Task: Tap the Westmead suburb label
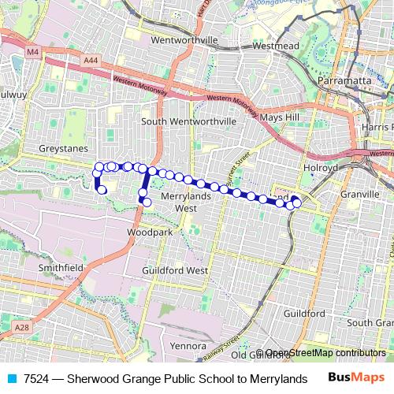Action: [277, 45]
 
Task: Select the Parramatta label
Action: [344, 81]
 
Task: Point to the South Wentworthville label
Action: [189, 121]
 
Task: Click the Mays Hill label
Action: [281, 117]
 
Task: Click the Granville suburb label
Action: [361, 191]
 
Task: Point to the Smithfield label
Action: [61, 268]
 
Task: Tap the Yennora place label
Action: [188, 345]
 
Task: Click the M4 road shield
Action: [32, 52]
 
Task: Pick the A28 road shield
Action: [20, 326]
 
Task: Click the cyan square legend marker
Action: [11, 377]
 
